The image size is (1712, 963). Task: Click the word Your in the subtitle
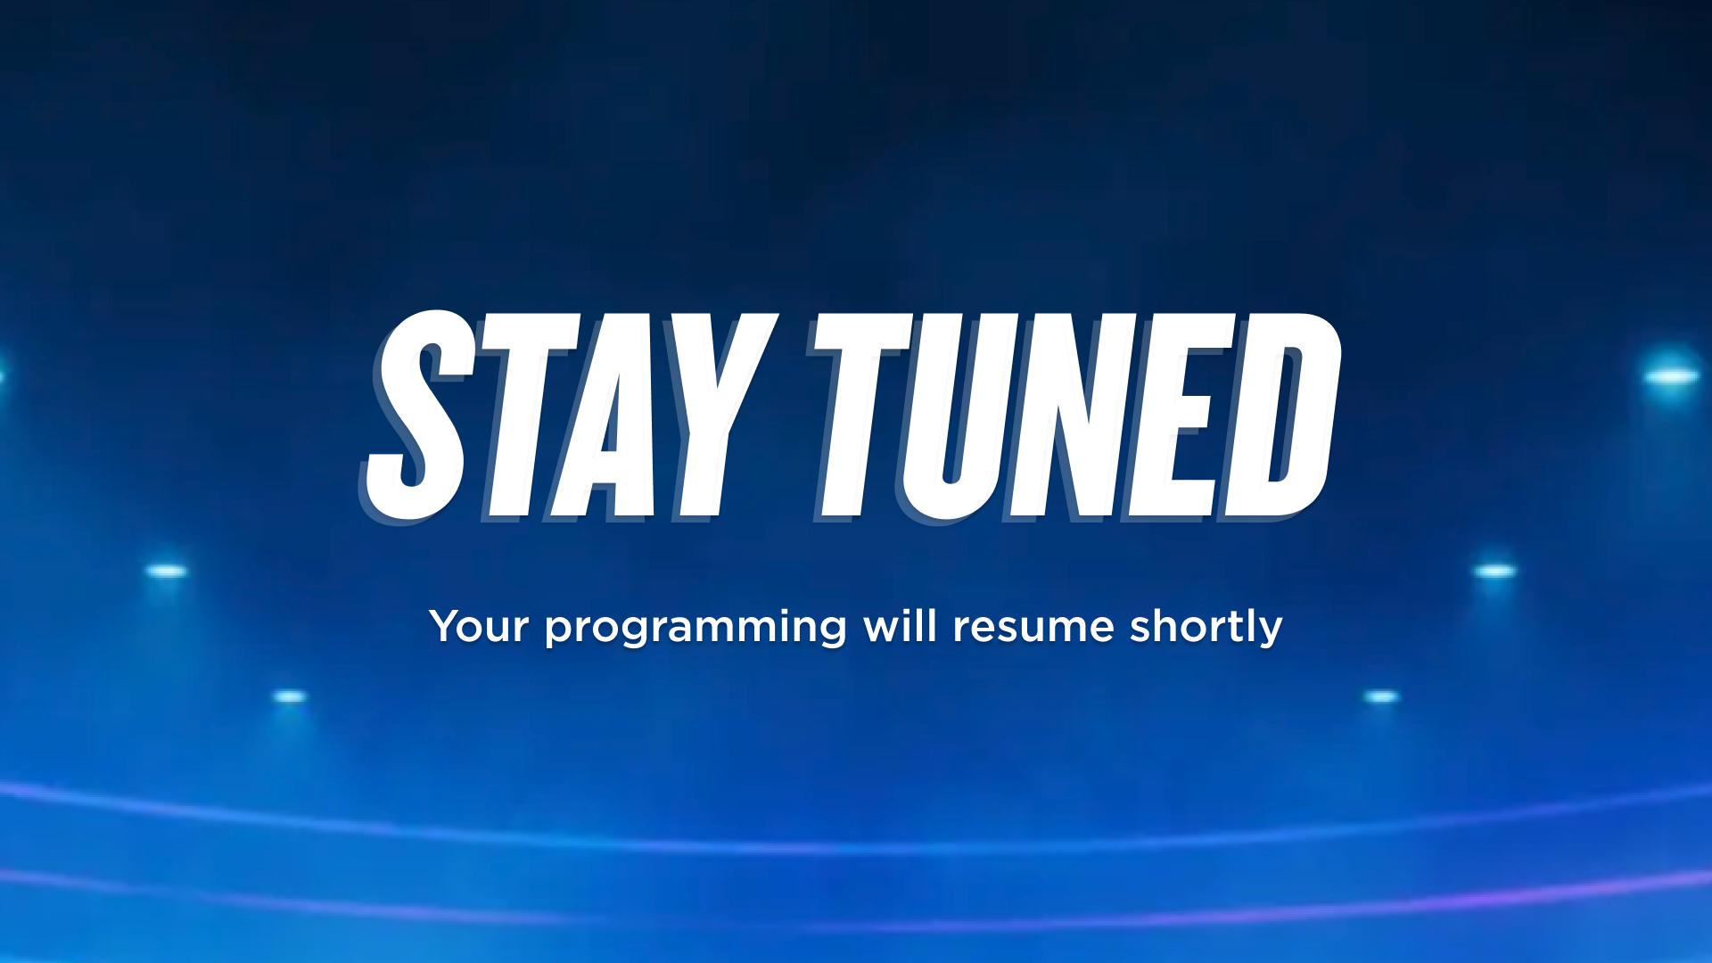click(479, 626)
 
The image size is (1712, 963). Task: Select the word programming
click(695, 629)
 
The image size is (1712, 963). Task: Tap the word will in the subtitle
click(900, 625)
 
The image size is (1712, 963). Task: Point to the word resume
click(1033, 628)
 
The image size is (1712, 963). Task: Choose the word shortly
click(1206, 628)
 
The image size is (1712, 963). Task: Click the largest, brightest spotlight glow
click(1671, 376)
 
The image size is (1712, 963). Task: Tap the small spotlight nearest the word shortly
click(1494, 571)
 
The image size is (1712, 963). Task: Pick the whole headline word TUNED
click(1075, 416)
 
